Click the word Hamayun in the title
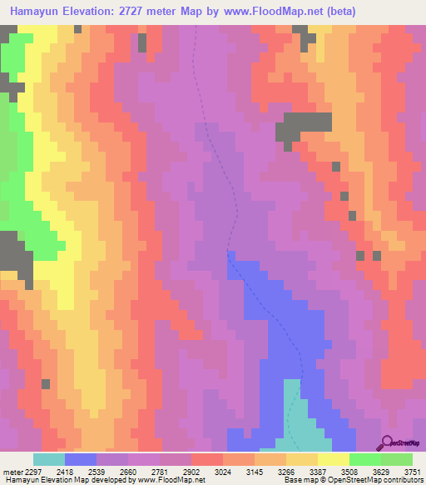tap(36, 12)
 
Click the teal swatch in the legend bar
tap(48, 459)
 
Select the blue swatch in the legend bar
tap(81, 459)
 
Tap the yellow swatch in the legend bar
tap(333, 459)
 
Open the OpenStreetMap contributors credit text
tap(374, 479)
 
